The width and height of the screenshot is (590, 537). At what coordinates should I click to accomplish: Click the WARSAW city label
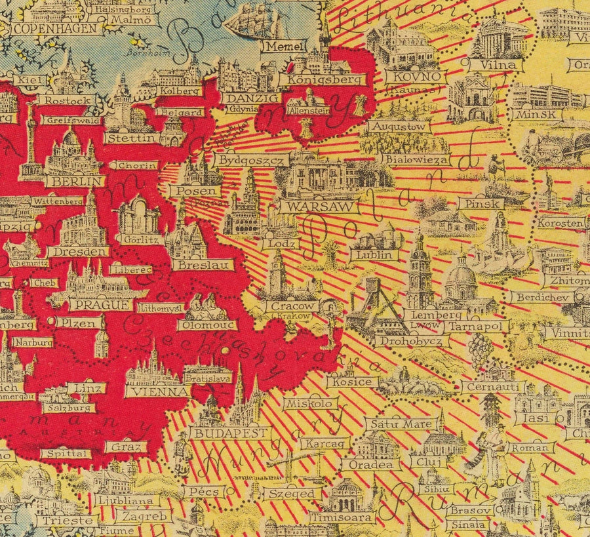click(x=319, y=206)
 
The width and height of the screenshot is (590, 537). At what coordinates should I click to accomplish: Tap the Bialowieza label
click(x=416, y=159)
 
